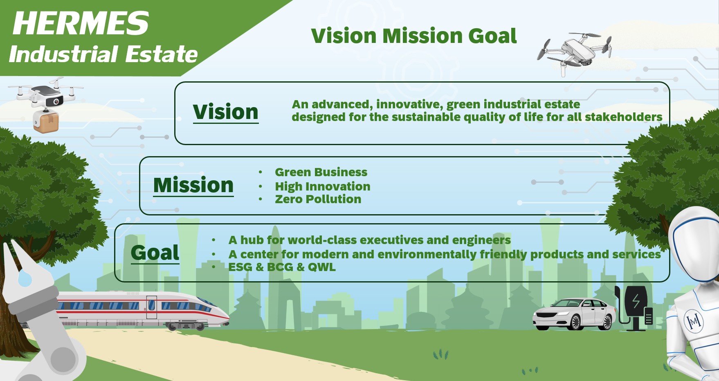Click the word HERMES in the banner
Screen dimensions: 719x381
[81, 23]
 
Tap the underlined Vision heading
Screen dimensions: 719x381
[226, 112]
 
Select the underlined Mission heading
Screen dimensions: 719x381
[193, 185]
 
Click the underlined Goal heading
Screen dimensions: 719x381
[155, 253]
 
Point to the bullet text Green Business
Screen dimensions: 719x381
[321, 172]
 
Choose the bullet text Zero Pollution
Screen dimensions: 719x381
[318, 199]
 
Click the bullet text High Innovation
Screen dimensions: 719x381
[323, 186]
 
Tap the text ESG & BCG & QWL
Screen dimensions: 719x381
[282, 267]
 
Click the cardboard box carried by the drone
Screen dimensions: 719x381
[46, 121]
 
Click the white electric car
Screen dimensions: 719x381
[574, 314]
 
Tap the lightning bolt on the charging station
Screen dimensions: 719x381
[636, 301]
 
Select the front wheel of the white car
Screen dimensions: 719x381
[575, 323]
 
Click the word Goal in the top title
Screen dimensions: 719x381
[492, 36]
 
